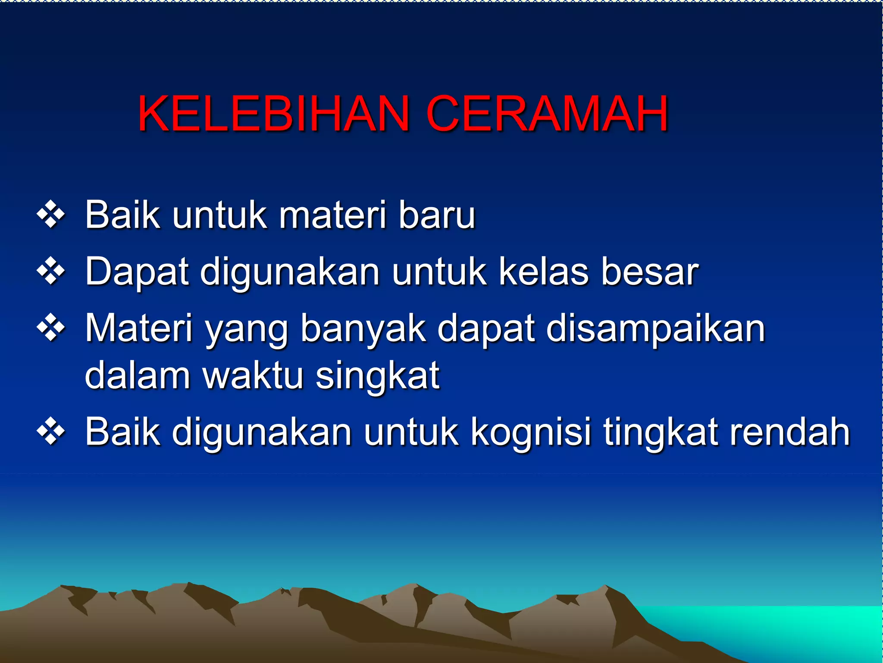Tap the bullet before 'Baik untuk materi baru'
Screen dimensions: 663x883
51,215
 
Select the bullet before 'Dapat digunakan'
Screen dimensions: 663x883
51,272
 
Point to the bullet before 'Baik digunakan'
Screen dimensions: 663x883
51,431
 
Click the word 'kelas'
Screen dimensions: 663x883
544,272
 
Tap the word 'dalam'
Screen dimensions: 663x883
138,375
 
